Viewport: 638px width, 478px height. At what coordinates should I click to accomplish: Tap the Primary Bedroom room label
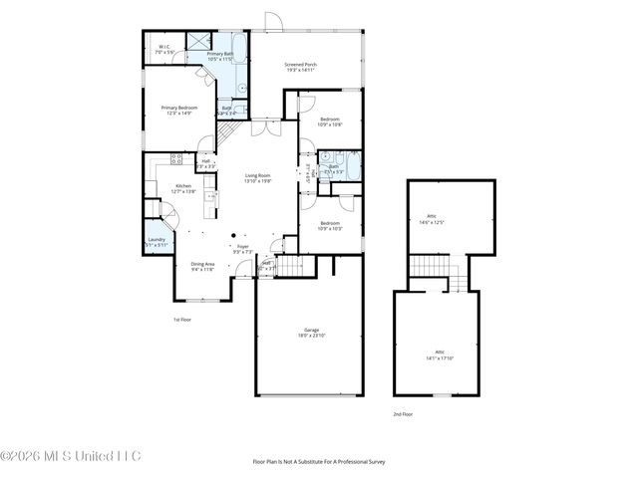tap(180, 110)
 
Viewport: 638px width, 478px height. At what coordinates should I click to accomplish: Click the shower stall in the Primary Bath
tap(198, 43)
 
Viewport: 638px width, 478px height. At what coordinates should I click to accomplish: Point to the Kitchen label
tap(183, 188)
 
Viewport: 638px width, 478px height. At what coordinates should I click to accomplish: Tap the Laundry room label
tap(157, 242)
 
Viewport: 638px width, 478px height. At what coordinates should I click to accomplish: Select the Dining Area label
tap(203, 266)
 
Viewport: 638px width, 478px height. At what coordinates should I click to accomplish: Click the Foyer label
tap(242, 248)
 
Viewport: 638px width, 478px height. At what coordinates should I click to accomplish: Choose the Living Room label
tap(259, 178)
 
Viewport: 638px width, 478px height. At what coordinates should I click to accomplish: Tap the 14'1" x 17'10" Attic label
tap(439, 355)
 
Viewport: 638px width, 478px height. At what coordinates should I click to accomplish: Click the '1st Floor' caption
tap(182, 319)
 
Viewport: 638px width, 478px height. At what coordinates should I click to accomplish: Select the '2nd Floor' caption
tap(401, 413)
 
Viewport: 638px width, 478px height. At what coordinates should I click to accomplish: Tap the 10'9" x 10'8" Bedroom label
tap(330, 121)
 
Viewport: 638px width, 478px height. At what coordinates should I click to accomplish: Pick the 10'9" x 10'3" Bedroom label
tap(330, 226)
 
